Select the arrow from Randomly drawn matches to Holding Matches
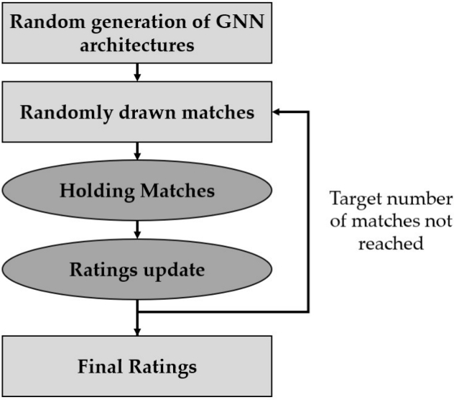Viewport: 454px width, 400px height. click(136, 150)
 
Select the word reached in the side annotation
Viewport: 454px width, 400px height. click(392, 243)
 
